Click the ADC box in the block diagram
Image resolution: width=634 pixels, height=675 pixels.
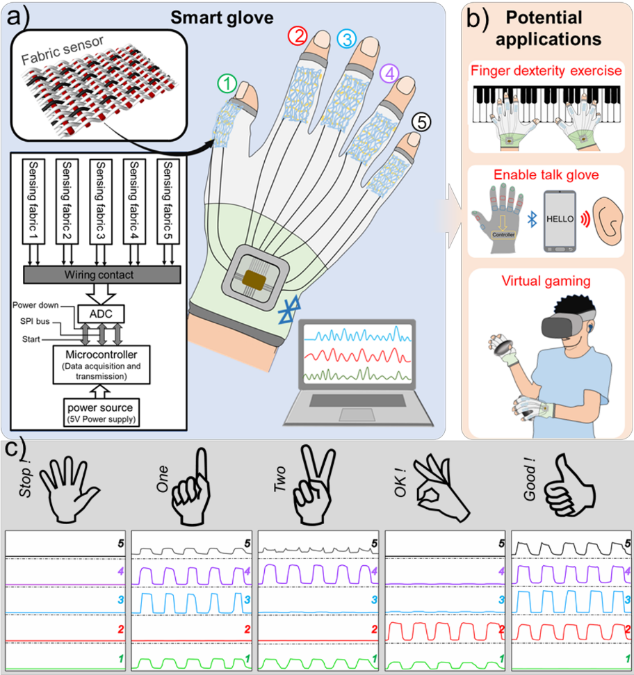[x=101, y=314]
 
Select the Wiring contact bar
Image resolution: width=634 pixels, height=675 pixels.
[x=102, y=275]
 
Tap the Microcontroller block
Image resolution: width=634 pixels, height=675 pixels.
[x=101, y=365]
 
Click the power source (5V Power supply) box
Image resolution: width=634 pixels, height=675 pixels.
[x=101, y=412]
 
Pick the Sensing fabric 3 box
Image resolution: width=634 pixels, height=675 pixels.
[x=100, y=201]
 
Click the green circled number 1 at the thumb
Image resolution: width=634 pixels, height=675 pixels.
[x=227, y=83]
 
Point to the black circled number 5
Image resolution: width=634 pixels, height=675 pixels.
[x=421, y=122]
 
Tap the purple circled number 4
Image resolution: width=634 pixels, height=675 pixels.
[x=389, y=74]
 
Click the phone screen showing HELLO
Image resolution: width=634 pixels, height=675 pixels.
[x=560, y=219]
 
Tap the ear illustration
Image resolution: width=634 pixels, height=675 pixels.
[x=608, y=220]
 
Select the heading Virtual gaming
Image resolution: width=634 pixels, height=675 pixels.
[x=546, y=281]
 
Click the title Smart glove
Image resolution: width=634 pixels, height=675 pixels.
[x=222, y=17]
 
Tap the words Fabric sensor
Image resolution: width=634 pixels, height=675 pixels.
[x=63, y=50]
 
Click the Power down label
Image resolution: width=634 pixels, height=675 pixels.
[x=35, y=304]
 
